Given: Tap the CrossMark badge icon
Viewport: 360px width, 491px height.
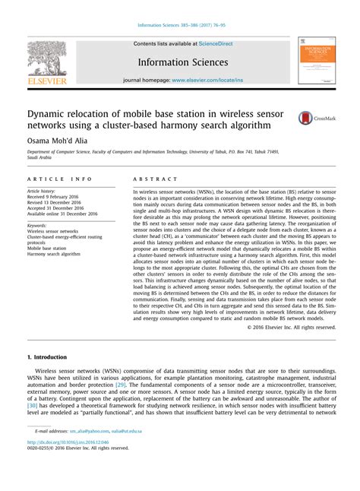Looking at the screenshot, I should (305, 118).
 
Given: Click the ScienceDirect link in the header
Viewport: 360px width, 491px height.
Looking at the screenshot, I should (215, 43).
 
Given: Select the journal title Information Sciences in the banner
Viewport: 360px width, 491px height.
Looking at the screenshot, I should (182, 62).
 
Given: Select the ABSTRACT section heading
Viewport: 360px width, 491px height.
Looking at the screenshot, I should (150, 179).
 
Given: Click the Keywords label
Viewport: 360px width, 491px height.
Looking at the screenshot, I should (36, 225).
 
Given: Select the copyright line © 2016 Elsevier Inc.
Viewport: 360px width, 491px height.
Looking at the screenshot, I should (291, 328).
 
